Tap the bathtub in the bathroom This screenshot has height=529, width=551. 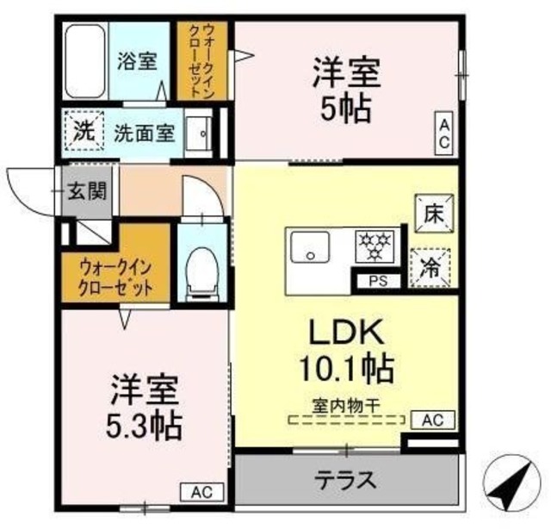(x=85, y=62)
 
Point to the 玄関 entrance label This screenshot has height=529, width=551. (x=88, y=191)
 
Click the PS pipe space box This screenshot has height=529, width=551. (x=378, y=280)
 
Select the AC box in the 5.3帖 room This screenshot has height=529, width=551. (x=201, y=493)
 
